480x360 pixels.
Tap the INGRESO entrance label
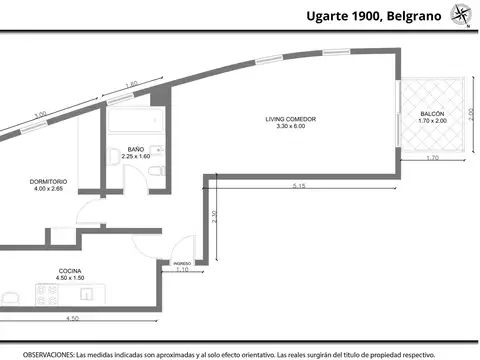pos(181,263)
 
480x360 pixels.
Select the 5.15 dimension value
pos(299,187)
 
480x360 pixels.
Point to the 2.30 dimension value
pos(213,219)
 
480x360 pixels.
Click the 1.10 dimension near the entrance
pos(181,270)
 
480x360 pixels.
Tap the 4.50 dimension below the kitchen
pos(72,319)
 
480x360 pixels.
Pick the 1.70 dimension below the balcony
pos(432,159)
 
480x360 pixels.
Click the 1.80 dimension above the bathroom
pos(131,84)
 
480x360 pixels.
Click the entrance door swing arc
pos(187,245)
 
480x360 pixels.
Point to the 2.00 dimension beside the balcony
pos(470,117)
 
